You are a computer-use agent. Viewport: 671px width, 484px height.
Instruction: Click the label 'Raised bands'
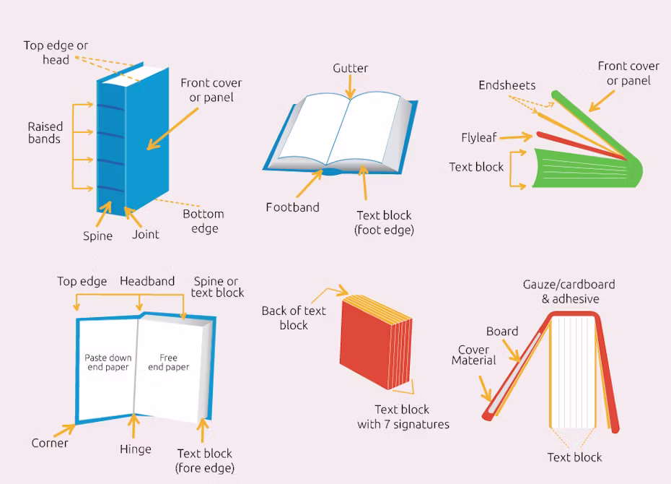tap(45, 132)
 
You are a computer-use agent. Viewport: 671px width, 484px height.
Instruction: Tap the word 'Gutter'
tap(350, 68)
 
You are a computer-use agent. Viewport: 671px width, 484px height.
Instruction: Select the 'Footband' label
tap(292, 207)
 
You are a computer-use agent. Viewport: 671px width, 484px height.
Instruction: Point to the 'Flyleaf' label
tap(479, 137)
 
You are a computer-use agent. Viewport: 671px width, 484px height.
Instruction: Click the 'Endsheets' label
tap(507, 85)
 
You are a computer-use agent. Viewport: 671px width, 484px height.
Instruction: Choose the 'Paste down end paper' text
tap(108, 363)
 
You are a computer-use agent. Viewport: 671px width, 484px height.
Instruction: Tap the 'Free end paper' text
tap(168, 363)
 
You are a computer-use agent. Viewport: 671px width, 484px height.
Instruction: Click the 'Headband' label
tap(147, 281)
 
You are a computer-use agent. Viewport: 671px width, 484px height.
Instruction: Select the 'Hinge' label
tap(135, 449)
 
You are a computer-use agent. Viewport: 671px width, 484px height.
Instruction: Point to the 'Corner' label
tap(50, 443)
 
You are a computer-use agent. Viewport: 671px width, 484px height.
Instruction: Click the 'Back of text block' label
tap(294, 318)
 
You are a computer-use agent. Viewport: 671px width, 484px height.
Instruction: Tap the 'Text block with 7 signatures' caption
tap(403, 417)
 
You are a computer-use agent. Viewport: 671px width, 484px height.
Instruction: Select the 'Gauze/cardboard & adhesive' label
tap(569, 291)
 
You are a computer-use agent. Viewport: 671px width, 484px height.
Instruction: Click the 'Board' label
tap(502, 331)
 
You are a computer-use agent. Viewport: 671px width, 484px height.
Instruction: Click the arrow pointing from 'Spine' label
tap(105, 213)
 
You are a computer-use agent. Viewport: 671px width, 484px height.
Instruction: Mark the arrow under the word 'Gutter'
tap(350, 87)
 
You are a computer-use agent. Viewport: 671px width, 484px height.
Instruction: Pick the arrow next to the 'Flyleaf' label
tap(516, 137)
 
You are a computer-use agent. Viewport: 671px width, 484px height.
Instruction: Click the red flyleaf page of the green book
tap(582, 146)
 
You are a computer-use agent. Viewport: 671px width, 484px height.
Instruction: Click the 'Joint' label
tap(146, 234)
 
